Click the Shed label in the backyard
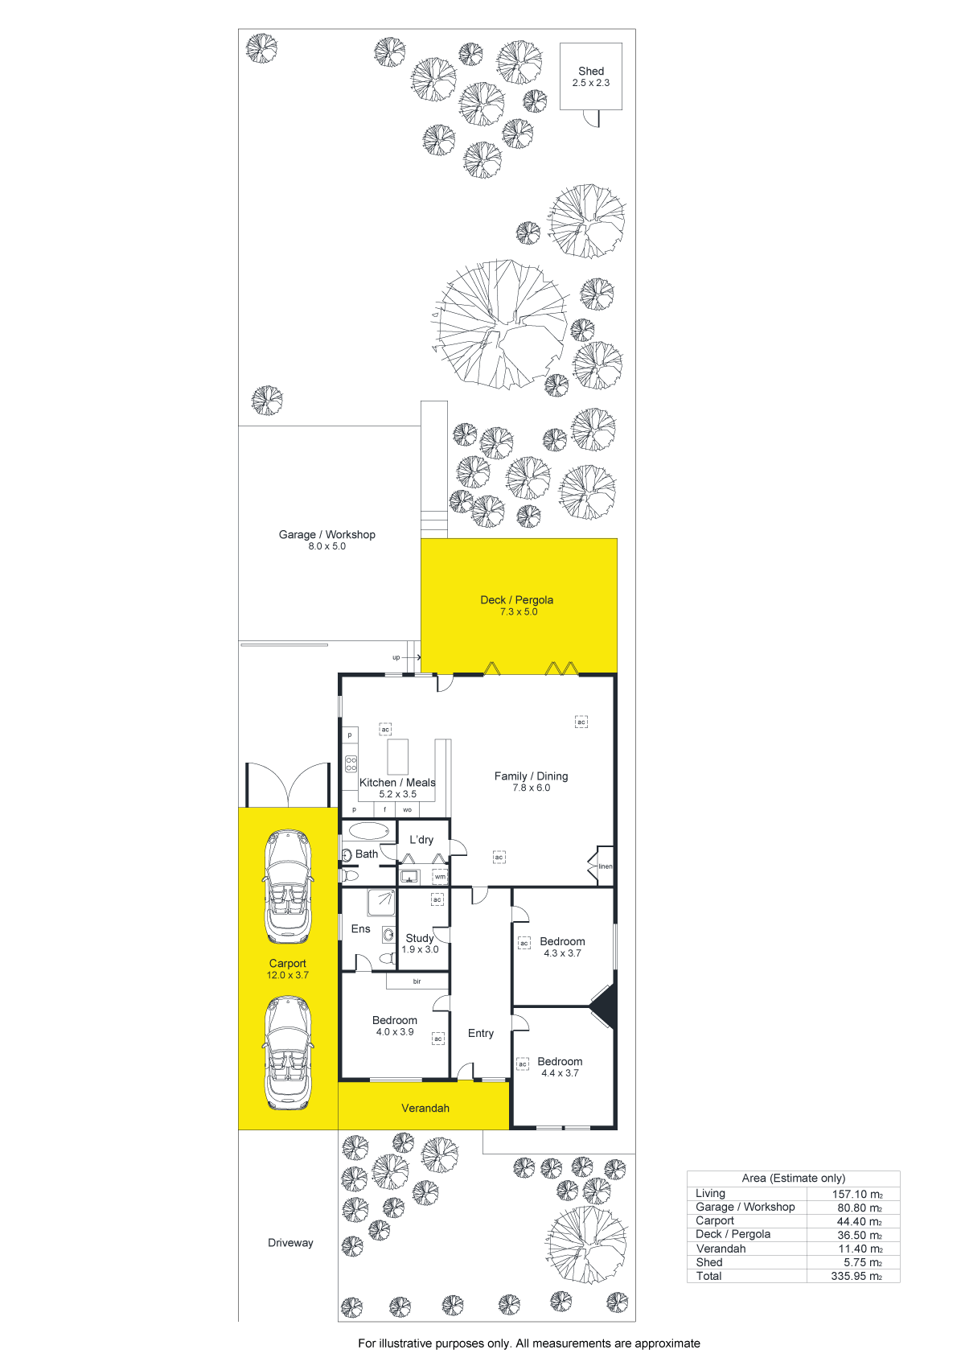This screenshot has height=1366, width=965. pos(591,72)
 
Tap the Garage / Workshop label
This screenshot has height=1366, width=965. pos(326,534)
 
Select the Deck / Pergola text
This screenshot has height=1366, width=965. pos(517,600)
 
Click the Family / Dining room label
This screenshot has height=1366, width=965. pos(531,776)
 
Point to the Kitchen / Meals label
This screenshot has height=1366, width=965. pos(397,783)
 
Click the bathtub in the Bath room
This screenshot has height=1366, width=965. pos(369,830)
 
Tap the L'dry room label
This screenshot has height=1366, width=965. pos(421,840)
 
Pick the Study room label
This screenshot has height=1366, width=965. pos(420,938)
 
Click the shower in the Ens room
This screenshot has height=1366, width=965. pos(381,903)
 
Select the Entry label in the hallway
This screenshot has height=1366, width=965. pos(480,1033)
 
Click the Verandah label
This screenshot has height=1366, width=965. pos(425,1108)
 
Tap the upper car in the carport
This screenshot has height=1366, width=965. pos(288,886)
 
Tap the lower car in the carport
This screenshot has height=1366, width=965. pos(288,1053)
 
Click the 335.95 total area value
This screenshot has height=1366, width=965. pos(856,1276)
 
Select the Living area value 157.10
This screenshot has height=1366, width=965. pos(857,1194)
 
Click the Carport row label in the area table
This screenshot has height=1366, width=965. pos(714,1221)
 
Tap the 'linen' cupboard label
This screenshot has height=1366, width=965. pos(606,866)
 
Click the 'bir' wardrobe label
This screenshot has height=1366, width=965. pos(417,981)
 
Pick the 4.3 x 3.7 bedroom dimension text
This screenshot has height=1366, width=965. pos(562,953)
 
